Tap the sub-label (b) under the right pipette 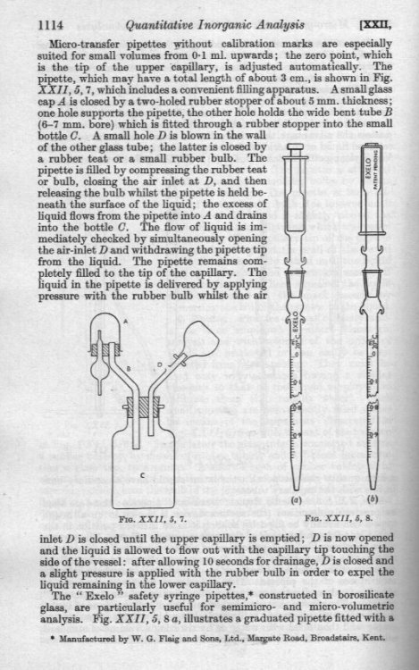click(370, 500)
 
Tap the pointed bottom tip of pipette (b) click(371, 488)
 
